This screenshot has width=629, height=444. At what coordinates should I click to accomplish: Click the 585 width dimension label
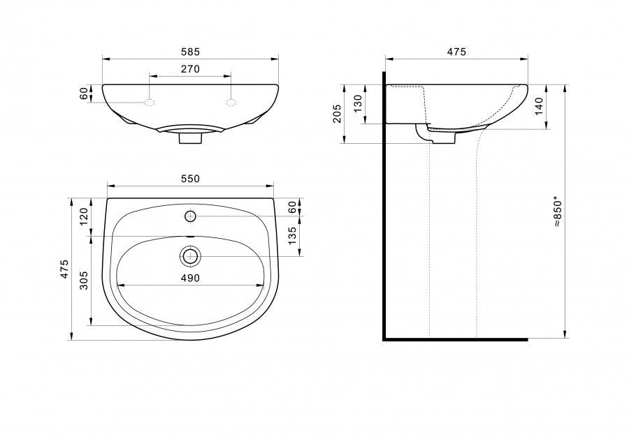click(x=190, y=52)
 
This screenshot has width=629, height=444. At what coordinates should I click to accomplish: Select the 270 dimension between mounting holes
click(x=190, y=69)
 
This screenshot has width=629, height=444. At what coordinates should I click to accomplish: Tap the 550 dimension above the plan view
click(x=190, y=179)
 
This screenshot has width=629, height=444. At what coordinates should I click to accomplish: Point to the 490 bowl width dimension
click(x=190, y=278)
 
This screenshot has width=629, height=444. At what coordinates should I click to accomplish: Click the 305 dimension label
click(x=83, y=281)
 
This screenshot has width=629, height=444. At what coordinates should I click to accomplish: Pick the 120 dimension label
click(x=83, y=217)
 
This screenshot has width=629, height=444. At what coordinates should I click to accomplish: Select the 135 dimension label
click(x=292, y=236)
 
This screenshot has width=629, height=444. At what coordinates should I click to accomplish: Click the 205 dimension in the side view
click(x=337, y=113)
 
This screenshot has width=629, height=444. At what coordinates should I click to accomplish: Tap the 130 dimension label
click(x=359, y=103)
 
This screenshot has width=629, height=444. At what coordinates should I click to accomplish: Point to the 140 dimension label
click(x=539, y=106)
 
